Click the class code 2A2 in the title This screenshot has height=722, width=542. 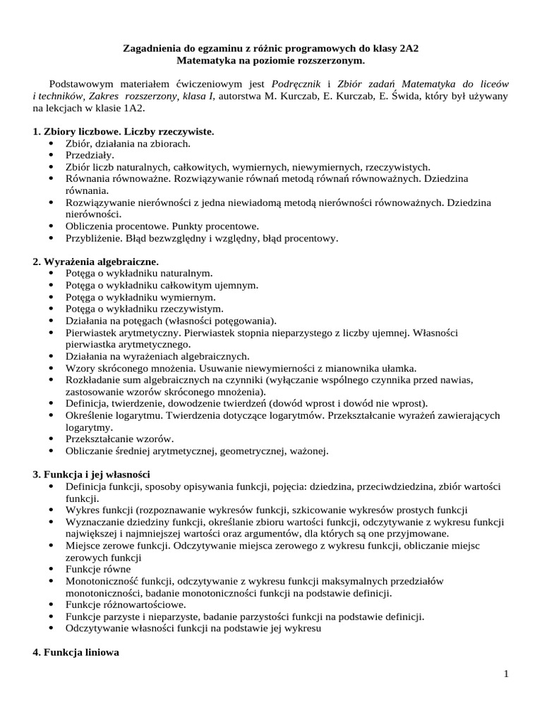point(416,50)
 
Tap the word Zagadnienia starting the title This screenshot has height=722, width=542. point(149,50)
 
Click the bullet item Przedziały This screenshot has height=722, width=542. point(90,155)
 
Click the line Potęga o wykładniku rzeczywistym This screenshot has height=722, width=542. point(144,309)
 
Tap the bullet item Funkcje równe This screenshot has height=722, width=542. point(98,569)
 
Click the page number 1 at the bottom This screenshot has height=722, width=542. point(506,675)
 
